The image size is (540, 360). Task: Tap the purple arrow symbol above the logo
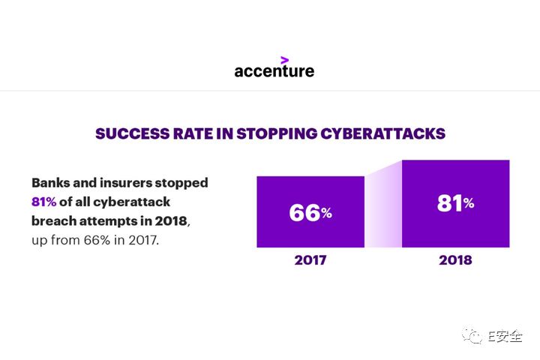[x=284, y=60]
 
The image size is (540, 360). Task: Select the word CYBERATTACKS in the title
[x=383, y=133]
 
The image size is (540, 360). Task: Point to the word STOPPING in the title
[x=277, y=133]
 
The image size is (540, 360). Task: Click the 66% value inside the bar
[x=310, y=212]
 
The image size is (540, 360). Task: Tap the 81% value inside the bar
[x=456, y=203]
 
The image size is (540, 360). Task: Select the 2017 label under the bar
[x=310, y=260]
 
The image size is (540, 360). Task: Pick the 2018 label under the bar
[x=455, y=260]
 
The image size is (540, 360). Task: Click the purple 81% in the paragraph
[x=43, y=202]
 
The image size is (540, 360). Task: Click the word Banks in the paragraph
[x=51, y=182]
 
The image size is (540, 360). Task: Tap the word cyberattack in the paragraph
[x=131, y=202]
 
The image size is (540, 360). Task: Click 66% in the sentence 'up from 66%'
[x=97, y=240]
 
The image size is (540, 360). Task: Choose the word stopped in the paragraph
[x=181, y=183]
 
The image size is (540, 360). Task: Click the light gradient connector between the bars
[x=383, y=207]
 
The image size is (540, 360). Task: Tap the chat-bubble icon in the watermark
[x=472, y=334]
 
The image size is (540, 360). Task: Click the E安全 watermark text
[x=505, y=335]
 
